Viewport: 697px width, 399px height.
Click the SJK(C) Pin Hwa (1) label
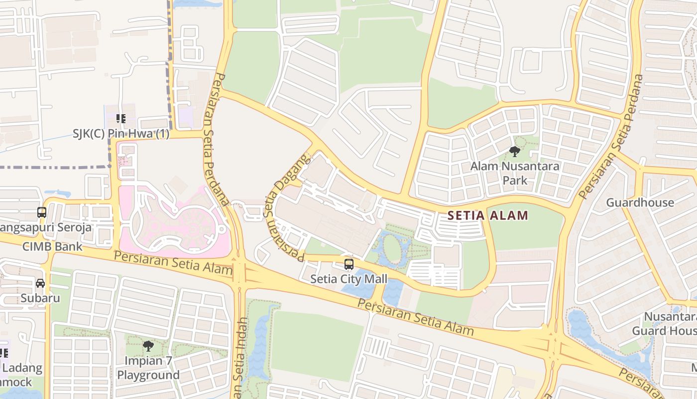click(121, 134)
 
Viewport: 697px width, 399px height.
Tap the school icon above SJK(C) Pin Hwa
click(120, 118)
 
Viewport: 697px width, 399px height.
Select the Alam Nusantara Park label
click(515, 173)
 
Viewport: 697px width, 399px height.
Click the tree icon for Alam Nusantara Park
click(515, 151)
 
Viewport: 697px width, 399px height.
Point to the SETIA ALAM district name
click(487, 215)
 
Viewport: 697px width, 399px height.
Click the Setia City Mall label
click(348, 278)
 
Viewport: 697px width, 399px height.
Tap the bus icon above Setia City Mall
click(349, 264)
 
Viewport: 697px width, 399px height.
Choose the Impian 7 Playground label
click(148, 368)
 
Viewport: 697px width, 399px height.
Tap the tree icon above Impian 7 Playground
click(148, 346)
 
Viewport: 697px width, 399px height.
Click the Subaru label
click(40, 298)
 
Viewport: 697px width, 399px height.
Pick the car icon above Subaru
click(40, 283)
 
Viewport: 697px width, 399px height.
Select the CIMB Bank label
click(52, 246)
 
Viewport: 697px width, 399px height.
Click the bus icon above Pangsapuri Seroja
click(42, 212)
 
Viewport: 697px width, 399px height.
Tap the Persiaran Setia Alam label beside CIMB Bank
click(173, 263)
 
